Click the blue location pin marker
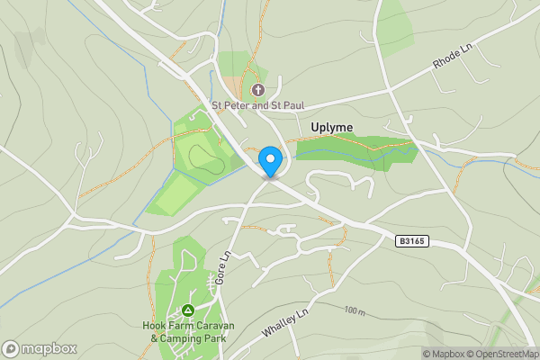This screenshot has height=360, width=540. tap(269, 162)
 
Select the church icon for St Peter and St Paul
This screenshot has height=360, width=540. tap(258, 90)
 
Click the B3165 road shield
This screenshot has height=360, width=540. tap(410, 241)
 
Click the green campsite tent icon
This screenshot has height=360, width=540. tap(187, 310)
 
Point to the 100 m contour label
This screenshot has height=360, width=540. tap(354, 311)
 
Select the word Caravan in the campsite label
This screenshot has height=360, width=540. tap(208, 325)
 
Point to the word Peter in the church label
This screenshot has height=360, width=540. tap(235, 105)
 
